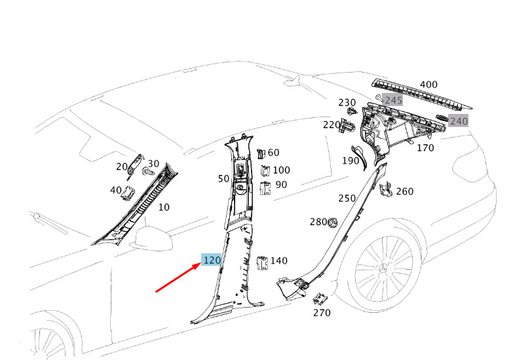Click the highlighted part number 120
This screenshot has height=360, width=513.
click(212, 261)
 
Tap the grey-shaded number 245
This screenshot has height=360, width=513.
click(393, 100)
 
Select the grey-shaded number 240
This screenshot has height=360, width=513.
click(459, 121)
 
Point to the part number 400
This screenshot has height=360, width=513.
click(428, 84)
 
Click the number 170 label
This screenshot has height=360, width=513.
click(425, 148)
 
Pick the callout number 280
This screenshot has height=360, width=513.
click(318, 222)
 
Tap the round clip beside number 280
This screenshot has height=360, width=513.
click(333, 223)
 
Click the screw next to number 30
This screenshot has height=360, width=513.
click(147, 171)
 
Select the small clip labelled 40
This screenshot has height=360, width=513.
click(128, 193)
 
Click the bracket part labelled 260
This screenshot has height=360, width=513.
click(385, 190)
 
